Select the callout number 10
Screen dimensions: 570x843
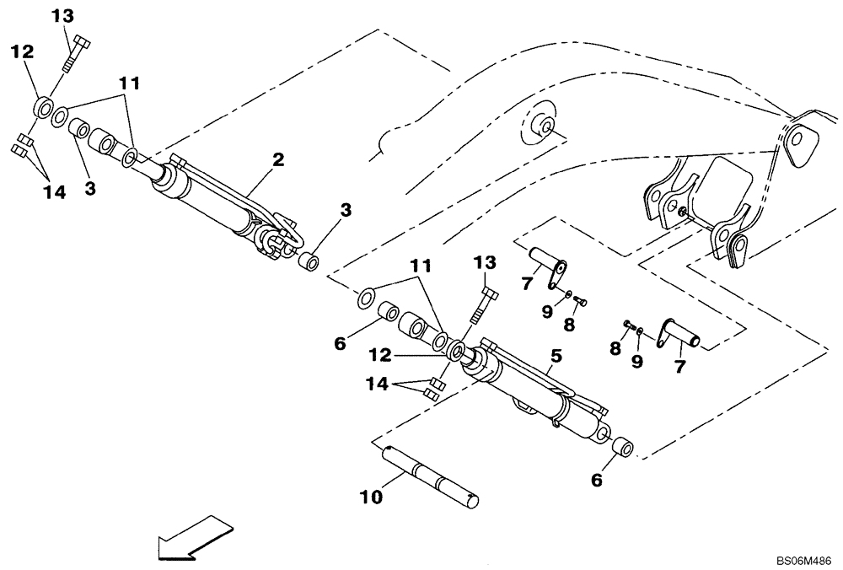(x=371, y=498)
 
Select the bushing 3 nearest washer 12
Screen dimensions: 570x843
(x=79, y=130)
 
